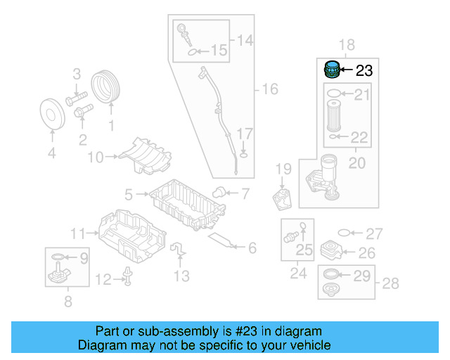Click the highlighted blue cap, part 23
[331, 70]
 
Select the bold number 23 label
[364, 70]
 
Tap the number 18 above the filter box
[347, 46]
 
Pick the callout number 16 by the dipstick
[270, 89]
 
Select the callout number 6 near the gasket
[251, 247]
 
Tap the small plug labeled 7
[219, 191]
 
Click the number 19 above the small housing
[283, 169]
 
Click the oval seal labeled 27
[344, 233]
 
